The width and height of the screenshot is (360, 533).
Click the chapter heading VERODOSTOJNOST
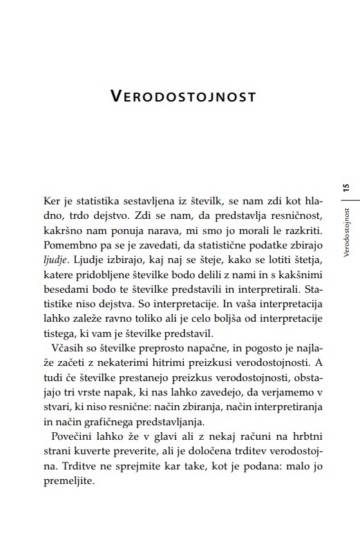click(183, 96)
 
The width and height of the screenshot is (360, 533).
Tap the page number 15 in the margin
click(345, 188)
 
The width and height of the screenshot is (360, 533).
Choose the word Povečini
click(74, 440)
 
